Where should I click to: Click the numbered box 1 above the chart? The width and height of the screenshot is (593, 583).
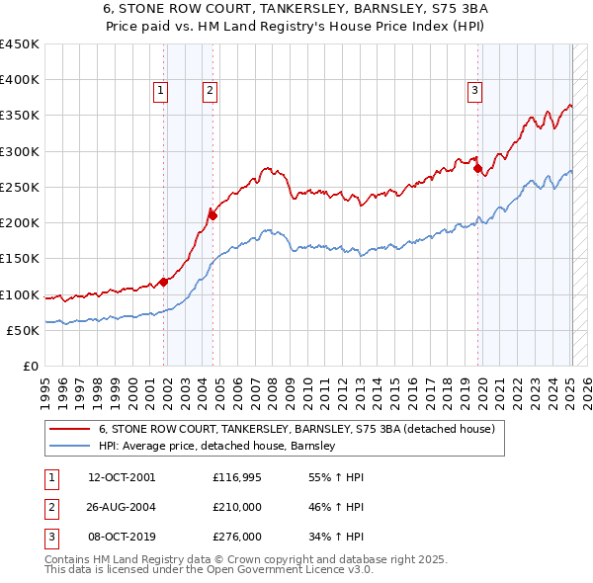click(160, 91)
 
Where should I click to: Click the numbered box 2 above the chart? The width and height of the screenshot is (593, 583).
click(211, 91)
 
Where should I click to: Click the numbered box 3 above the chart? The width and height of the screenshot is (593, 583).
click(474, 91)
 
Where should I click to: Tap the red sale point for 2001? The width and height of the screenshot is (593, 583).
click(163, 282)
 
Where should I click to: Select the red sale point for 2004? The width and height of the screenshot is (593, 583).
click(212, 214)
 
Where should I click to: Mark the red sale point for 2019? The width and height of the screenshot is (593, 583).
click(478, 169)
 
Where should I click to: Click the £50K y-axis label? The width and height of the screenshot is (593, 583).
click(24, 330)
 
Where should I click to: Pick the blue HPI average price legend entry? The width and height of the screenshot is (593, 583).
click(217, 446)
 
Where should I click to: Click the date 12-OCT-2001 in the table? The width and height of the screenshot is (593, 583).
click(122, 477)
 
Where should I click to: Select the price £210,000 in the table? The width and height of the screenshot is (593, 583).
click(237, 507)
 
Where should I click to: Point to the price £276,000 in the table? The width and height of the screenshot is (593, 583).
click(237, 537)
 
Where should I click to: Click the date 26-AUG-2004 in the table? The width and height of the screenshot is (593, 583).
click(122, 507)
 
